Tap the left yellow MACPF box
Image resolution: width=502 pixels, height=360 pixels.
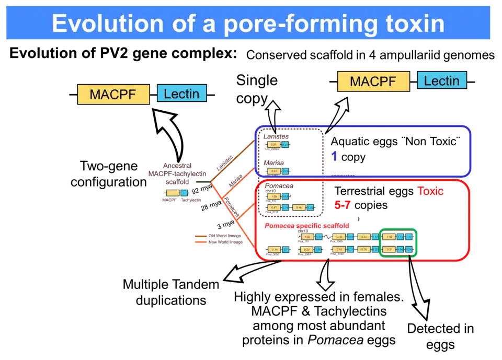[113, 95]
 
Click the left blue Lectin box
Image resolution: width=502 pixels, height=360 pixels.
[181, 94]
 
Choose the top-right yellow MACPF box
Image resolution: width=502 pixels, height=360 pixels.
[373, 82]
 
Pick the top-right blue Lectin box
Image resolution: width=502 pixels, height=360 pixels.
[441, 81]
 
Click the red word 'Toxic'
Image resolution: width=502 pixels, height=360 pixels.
[430, 191]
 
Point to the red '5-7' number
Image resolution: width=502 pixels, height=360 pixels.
[342, 206]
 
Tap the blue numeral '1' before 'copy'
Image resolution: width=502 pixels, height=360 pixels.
[335, 156]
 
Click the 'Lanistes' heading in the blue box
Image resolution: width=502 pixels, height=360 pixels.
[276, 136]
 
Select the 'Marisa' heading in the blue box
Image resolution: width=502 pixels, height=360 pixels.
[273, 163]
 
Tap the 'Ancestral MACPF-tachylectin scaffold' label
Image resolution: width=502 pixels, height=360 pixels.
[178, 172]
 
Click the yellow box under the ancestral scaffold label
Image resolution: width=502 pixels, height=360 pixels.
[172, 193]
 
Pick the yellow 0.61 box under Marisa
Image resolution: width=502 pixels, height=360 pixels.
[273, 171]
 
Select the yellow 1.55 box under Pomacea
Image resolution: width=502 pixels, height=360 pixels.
[273, 196]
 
